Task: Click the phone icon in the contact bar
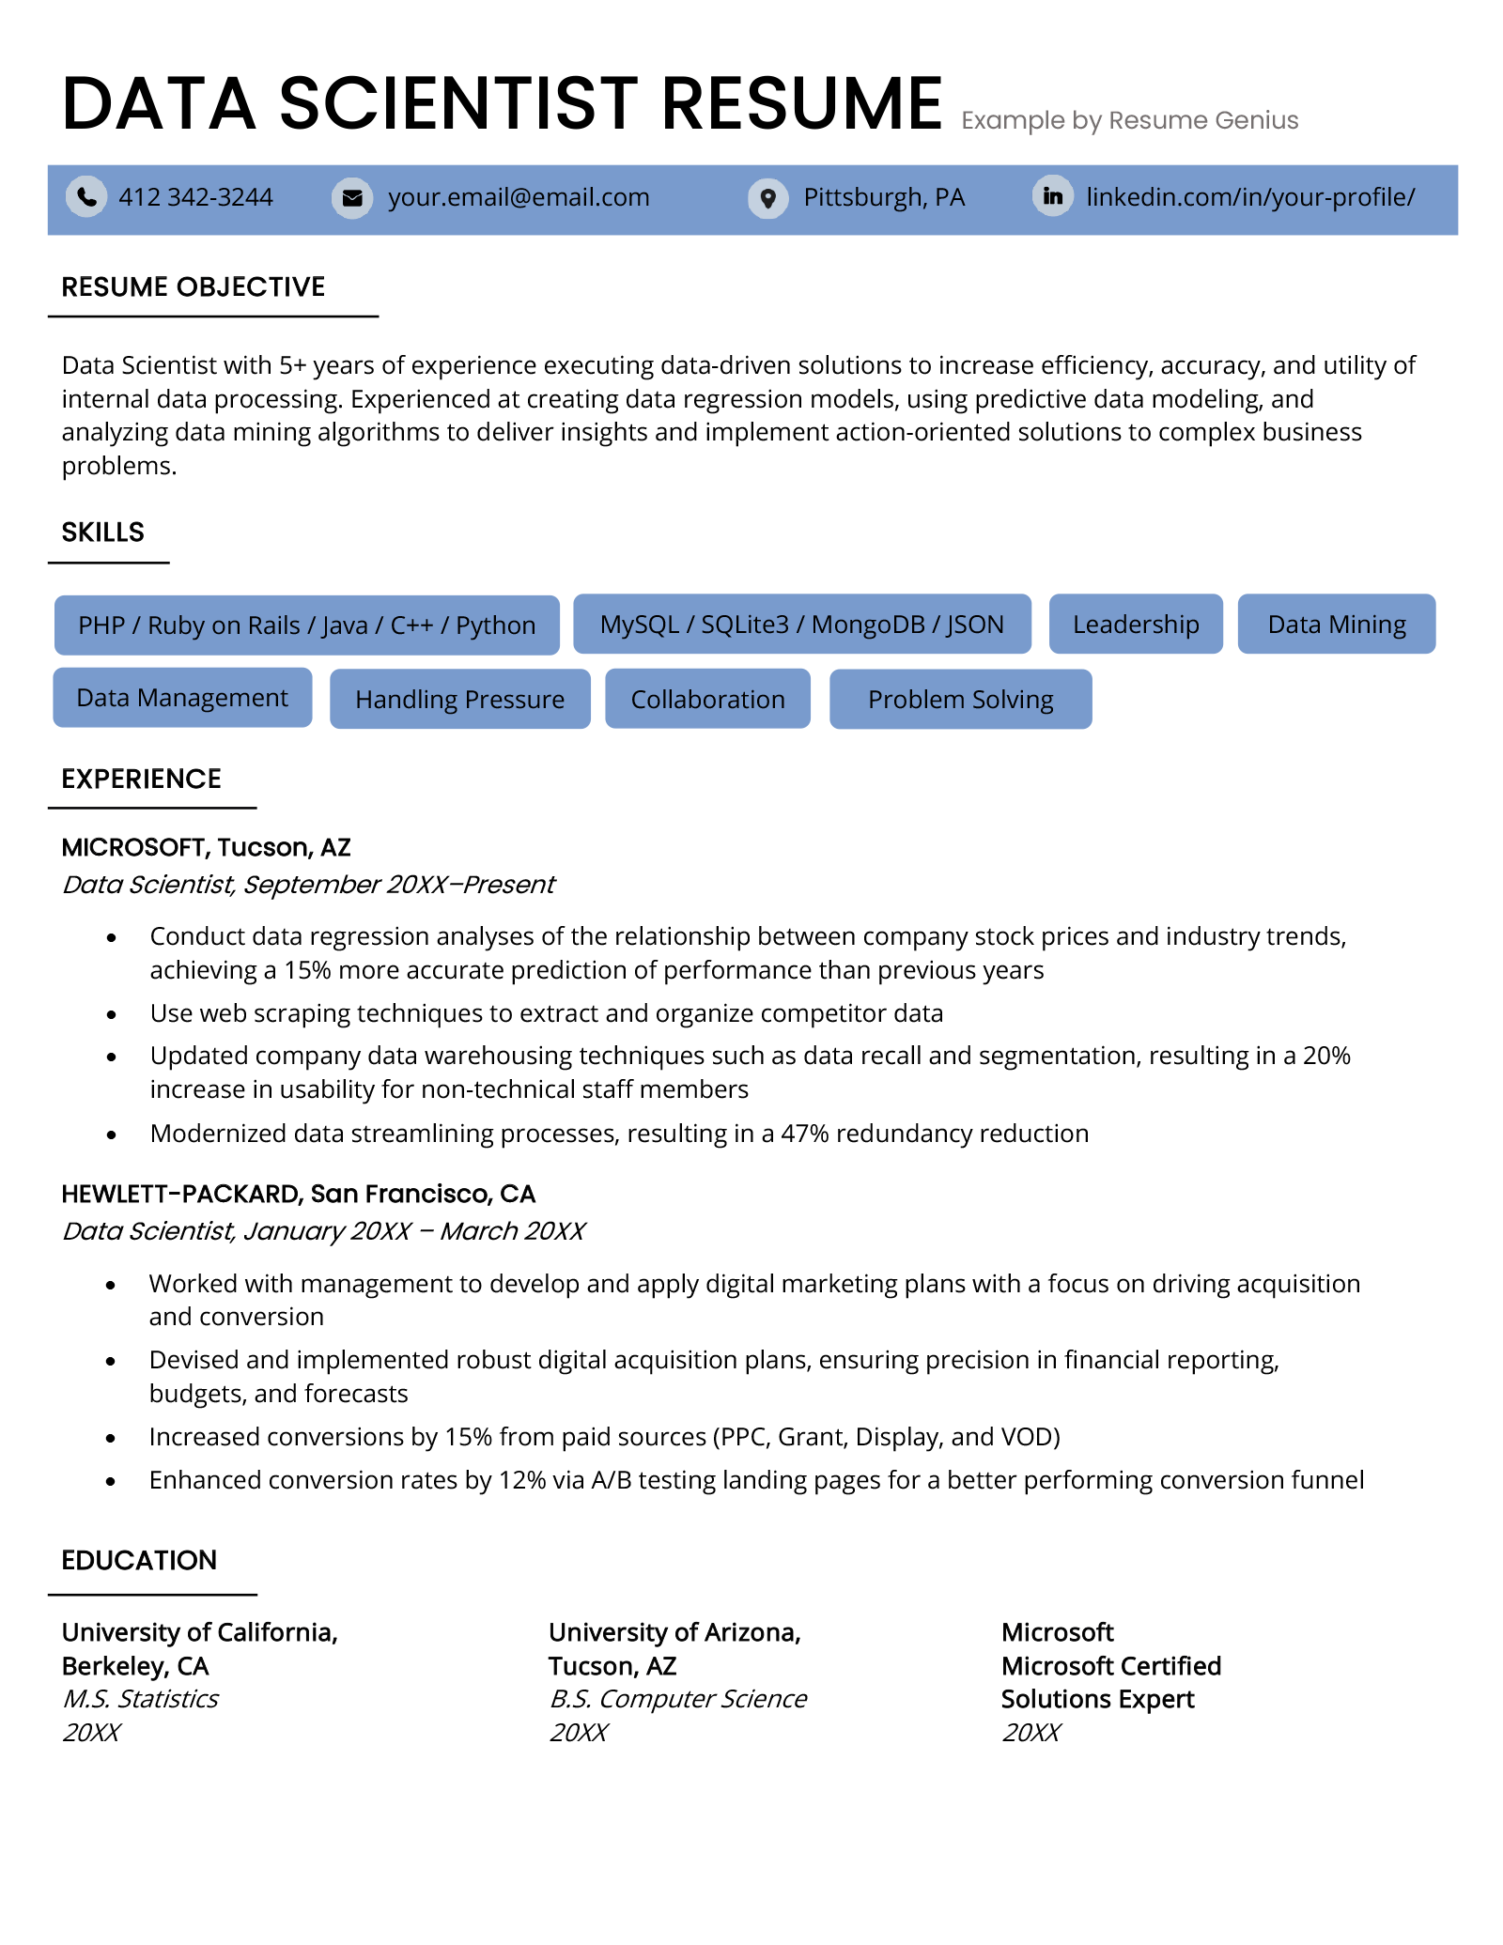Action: coord(85,197)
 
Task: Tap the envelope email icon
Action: coord(352,198)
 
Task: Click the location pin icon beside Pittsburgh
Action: coord(767,198)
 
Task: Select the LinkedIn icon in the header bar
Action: coord(1052,196)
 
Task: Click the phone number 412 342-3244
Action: coord(195,197)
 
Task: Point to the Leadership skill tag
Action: coord(1135,625)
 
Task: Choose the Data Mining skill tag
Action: coord(1336,625)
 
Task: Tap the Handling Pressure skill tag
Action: coord(459,700)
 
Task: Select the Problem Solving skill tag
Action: coord(960,700)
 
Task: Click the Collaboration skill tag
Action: coord(707,700)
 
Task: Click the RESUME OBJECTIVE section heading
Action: coord(194,287)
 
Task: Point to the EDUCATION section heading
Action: coord(139,1561)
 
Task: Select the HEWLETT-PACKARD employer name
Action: coord(180,1195)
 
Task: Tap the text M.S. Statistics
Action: coord(140,1700)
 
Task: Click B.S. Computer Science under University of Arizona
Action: coord(677,1700)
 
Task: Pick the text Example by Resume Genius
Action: coord(1129,121)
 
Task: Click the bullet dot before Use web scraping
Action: coord(112,1015)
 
